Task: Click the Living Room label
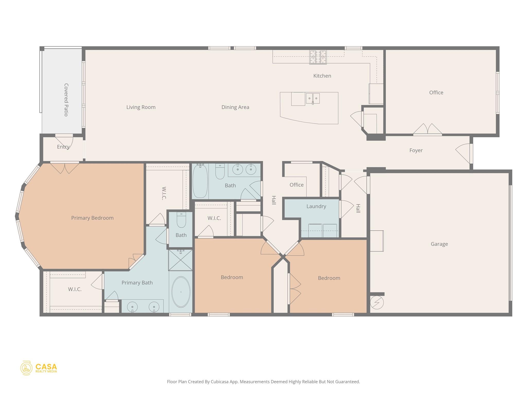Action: tap(141, 107)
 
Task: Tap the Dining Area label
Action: tap(235, 107)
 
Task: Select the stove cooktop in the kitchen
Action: tap(318, 57)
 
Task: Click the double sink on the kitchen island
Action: tap(313, 98)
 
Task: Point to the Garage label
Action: tap(439, 244)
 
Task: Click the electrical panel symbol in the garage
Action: tap(377, 302)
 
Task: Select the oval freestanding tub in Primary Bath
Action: tap(181, 292)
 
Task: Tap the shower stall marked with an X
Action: tap(180, 260)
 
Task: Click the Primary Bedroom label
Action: tap(92, 218)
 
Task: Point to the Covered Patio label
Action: tap(66, 100)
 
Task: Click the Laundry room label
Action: tap(316, 207)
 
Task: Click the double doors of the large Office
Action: tap(427, 130)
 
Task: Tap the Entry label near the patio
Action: tap(63, 147)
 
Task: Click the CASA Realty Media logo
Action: tap(39, 368)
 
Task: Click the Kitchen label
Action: tap(322, 76)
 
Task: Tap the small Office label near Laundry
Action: tap(296, 185)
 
